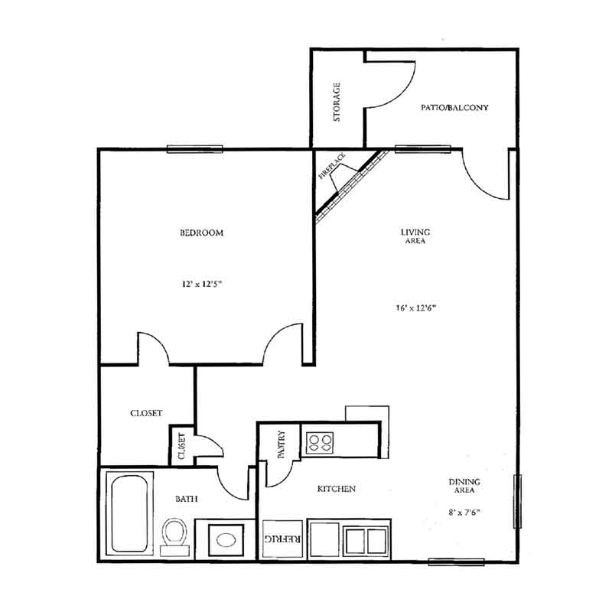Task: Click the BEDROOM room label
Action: click(x=201, y=233)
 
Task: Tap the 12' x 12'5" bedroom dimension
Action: click(x=201, y=284)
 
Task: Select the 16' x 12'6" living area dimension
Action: click(x=415, y=308)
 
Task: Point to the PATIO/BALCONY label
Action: click(x=454, y=107)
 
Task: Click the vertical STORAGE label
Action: click(x=337, y=102)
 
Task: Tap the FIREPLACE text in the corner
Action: click(x=332, y=166)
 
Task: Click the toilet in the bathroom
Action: click(x=174, y=537)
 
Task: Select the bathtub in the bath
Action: click(x=129, y=513)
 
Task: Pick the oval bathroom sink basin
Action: click(x=226, y=540)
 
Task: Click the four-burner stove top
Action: click(x=320, y=443)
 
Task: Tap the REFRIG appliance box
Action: click(x=282, y=539)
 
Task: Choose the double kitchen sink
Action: click(x=366, y=541)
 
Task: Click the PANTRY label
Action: click(x=282, y=444)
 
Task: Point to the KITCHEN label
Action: click(x=336, y=489)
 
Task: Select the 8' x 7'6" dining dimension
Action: click(x=464, y=512)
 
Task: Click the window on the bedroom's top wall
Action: click(x=195, y=148)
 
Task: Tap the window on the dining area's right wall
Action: click(x=518, y=501)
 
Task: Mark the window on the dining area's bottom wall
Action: click(x=456, y=562)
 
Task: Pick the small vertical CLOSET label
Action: click(x=181, y=446)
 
